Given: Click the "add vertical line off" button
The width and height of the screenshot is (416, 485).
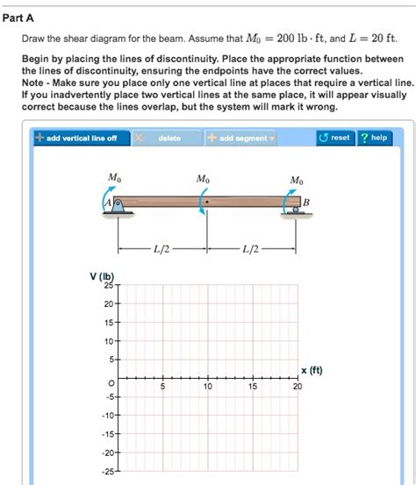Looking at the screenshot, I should (x=76, y=139).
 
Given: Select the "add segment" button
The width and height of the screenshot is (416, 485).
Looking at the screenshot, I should (x=240, y=139).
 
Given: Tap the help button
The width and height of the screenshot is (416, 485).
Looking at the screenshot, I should (x=375, y=139).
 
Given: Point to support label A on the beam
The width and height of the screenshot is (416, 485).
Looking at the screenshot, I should (x=109, y=203).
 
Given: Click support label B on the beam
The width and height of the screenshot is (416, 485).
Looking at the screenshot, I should (x=305, y=202).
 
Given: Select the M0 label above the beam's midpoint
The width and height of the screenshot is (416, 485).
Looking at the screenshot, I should (x=204, y=179).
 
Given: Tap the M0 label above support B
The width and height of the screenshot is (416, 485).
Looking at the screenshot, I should (x=297, y=180).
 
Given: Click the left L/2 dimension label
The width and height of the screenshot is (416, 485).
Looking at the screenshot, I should (x=161, y=249).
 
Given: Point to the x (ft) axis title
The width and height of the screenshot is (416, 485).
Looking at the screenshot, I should (x=311, y=369).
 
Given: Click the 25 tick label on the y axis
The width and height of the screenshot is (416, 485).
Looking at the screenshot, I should (x=108, y=285).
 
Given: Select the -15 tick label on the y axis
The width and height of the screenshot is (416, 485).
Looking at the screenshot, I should (x=106, y=434).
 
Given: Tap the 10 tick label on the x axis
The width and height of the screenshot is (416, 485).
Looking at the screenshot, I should (x=207, y=387).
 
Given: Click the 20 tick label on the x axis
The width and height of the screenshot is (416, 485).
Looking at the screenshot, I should (x=298, y=387).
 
